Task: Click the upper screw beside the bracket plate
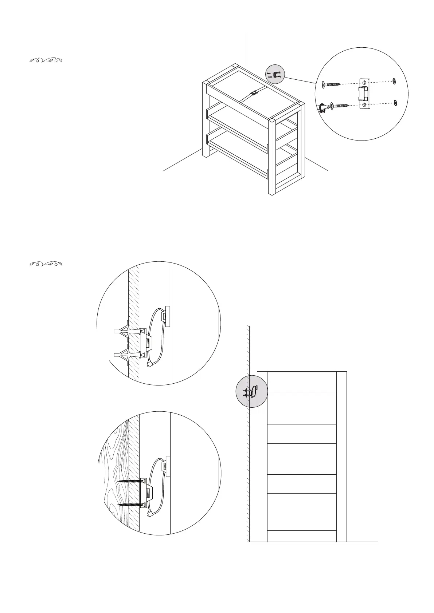pos(331,85)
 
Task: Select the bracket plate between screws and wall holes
pos(365,94)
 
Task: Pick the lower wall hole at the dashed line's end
pos(395,103)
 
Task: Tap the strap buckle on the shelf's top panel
pos(253,93)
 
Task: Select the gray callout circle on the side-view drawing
pos(251,392)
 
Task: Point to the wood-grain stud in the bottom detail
pos(115,473)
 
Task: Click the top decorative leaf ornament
pos(46,60)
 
